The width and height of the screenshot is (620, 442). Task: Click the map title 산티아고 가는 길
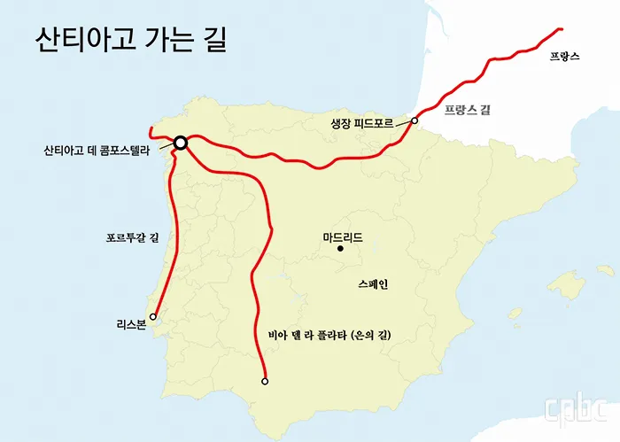tap(130, 40)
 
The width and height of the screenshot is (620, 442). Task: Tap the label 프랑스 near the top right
tap(564, 56)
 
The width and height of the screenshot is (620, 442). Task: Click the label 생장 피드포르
tap(360, 123)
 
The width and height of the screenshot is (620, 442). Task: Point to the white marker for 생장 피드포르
tap(415, 121)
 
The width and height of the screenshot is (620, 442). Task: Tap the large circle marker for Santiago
tap(180, 143)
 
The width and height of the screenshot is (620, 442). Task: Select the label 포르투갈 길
tap(130, 237)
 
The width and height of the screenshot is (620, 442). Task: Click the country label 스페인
tap(373, 285)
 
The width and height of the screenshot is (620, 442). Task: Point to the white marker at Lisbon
tap(154, 316)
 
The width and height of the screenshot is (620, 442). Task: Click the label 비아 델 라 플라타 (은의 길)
tap(329, 336)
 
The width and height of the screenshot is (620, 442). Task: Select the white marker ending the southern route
tap(265, 382)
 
